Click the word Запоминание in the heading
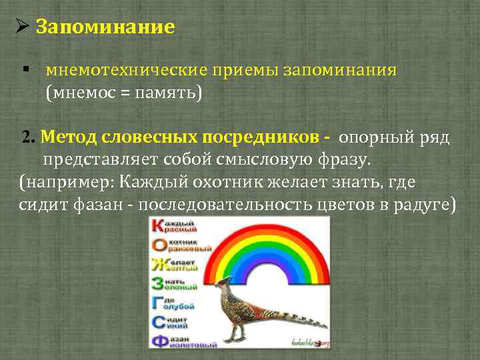point(105,27)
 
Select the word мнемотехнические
point(126,71)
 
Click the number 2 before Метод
point(26,137)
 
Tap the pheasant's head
point(221,284)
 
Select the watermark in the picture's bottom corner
point(311,343)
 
